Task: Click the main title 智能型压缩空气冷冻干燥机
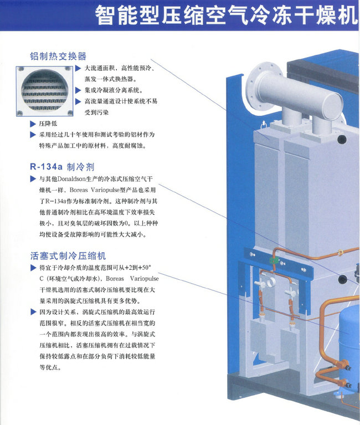[x=227, y=15]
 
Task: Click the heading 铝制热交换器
[x=58, y=56]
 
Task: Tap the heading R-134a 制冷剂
[x=62, y=167]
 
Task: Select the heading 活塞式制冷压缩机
[x=68, y=255]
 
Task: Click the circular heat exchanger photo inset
[x=44, y=91]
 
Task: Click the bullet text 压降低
[x=48, y=124]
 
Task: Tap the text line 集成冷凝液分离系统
[x=114, y=90]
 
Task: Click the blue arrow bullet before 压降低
[x=33, y=124]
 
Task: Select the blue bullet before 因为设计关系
[x=33, y=312]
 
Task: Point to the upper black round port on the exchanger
[x=342, y=139]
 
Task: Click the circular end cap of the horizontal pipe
[x=333, y=106]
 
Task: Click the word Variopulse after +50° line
[x=144, y=279]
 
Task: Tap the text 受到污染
[x=96, y=112]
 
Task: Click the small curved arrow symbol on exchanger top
[x=263, y=125]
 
